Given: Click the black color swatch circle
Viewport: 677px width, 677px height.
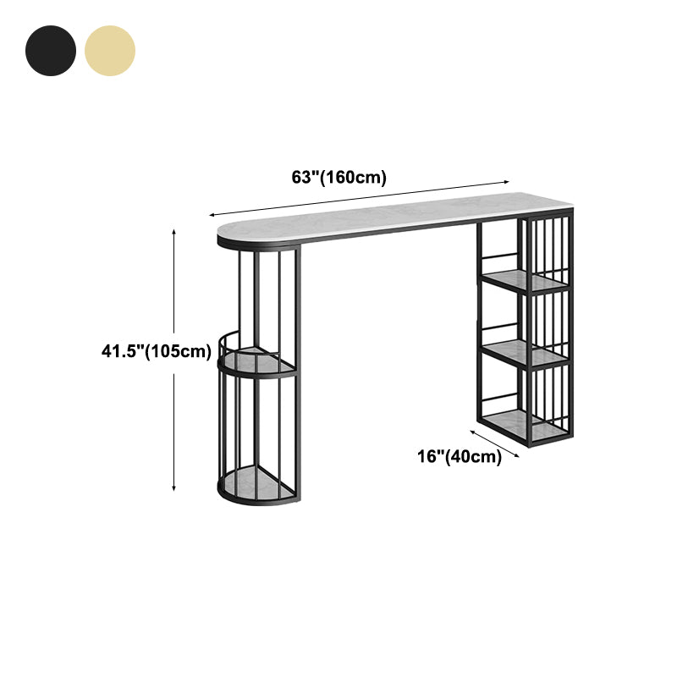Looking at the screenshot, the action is (x=51, y=51).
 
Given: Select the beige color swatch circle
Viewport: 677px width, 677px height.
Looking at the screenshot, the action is (x=110, y=51).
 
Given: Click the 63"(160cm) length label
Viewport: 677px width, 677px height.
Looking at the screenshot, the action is (x=339, y=177).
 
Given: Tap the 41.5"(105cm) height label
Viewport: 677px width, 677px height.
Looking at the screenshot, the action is (x=157, y=351).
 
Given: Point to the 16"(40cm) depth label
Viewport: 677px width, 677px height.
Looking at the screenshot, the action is (x=460, y=456).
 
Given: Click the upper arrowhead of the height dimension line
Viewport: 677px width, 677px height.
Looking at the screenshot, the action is (x=174, y=232).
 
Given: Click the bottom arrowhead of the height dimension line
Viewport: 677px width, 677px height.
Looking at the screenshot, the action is (x=174, y=488).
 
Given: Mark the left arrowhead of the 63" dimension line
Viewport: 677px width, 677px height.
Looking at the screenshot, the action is (x=212, y=215).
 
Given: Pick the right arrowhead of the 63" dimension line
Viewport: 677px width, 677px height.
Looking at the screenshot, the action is (x=506, y=182).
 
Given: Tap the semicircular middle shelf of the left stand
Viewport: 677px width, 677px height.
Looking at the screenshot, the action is (x=258, y=361).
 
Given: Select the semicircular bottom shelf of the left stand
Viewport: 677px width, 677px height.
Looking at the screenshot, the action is (x=258, y=482).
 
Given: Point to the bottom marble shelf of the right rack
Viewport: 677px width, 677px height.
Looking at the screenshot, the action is (x=525, y=425).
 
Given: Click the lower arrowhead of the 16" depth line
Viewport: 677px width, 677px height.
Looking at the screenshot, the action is (x=516, y=455).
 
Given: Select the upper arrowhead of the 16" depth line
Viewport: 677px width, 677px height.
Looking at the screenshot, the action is (x=473, y=432).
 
